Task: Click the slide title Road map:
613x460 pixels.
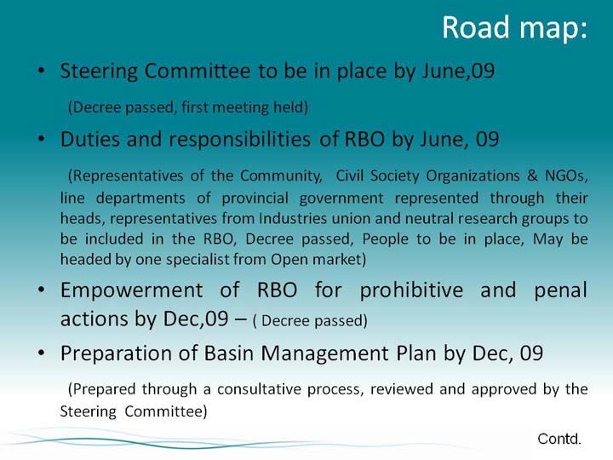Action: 514,28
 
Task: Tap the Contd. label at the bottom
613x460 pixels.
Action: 559,439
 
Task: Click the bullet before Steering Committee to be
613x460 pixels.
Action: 42,71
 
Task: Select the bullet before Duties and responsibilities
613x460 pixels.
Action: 42,139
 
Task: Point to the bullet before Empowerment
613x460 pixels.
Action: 42,290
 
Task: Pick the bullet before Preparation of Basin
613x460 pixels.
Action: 42,353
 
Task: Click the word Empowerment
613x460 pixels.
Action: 132,291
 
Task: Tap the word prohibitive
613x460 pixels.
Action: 411,291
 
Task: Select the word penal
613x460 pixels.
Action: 560,291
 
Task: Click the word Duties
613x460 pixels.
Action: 90,139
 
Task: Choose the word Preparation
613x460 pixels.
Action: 116,354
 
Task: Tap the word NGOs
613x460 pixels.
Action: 566,176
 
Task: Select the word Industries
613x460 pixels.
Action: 292,218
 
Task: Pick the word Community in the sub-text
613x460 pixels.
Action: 282,176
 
